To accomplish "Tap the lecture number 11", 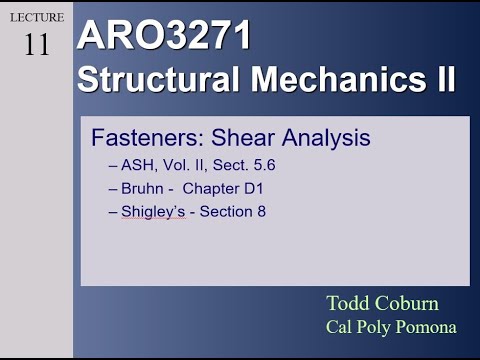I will tap(36, 45).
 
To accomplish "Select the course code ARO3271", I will tap(164, 36).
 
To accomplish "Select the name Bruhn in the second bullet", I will tap(142, 188).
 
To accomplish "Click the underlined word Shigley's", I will tap(152, 211).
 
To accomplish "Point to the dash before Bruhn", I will tap(111, 188).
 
